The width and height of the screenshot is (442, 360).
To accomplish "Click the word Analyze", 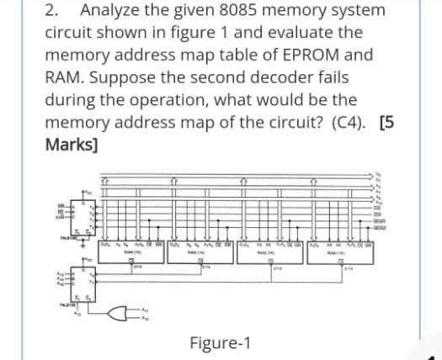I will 117,11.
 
